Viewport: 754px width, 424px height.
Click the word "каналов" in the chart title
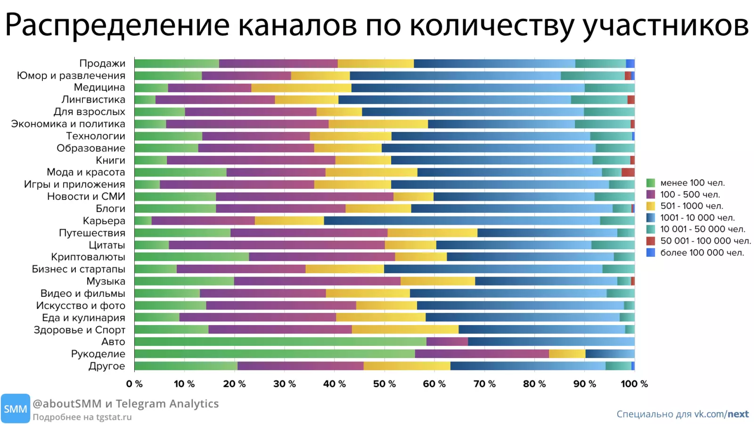(297, 25)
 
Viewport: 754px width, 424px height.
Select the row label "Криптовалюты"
(88, 257)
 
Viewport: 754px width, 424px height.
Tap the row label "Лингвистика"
(93, 99)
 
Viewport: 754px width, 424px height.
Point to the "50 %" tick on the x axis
(384, 384)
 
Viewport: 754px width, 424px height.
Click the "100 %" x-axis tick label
(634, 384)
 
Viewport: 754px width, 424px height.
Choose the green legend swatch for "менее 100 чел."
(651, 183)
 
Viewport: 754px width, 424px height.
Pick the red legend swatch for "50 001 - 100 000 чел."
(651, 241)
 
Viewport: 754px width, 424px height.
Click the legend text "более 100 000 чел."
(702, 253)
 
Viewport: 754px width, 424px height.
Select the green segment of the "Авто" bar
(280, 342)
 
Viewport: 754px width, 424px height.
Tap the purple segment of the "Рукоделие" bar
(482, 354)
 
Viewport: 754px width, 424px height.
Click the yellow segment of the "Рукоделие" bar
(567, 354)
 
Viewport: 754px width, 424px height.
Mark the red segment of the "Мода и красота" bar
(628, 172)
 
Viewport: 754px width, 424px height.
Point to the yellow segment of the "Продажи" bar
(376, 63)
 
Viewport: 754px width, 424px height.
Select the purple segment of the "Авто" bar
(447, 342)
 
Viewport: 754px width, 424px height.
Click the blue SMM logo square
(16, 408)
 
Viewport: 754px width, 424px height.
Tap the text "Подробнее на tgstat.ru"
(82, 417)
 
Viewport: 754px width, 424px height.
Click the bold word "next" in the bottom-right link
(738, 414)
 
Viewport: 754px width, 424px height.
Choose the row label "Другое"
(107, 366)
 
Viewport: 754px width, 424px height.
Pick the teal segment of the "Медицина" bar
(610, 88)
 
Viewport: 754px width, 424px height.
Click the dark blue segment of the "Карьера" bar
(462, 221)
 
